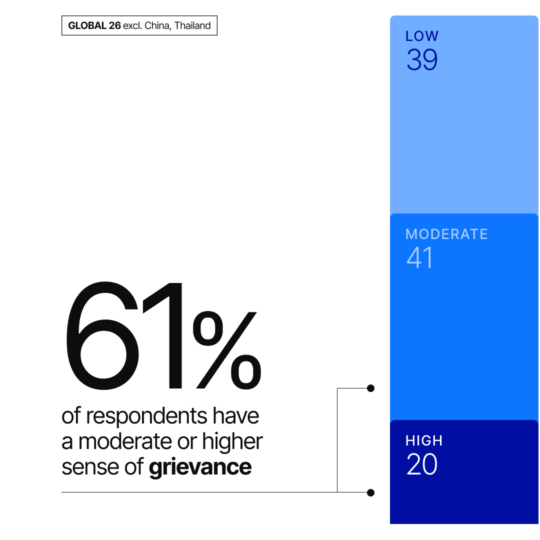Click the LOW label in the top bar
pos(421,36)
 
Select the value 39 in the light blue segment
pos(421,60)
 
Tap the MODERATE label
pos(446,234)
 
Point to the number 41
pos(419,258)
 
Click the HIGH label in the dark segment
pos(423,441)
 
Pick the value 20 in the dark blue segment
pos(421,465)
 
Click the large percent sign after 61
pos(226,348)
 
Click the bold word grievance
pos(200,467)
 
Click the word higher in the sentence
pos(232,441)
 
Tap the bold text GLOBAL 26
pos(94,26)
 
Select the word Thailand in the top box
pos(192,26)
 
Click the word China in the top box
pos(156,26)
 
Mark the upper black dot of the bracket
pos(370,388)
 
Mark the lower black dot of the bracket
pos(370,492)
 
